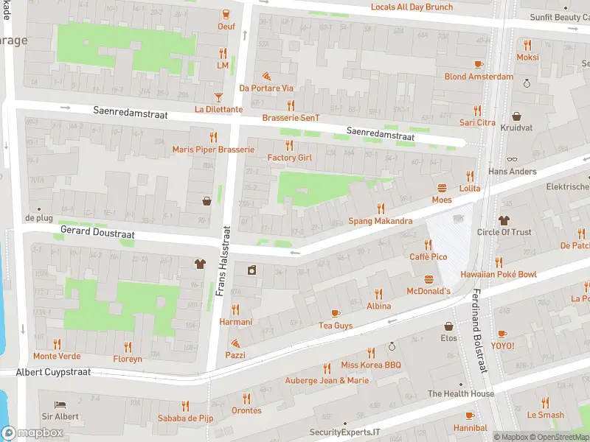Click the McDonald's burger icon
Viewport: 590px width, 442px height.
[x=429, y=279]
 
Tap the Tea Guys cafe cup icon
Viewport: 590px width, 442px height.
[x=336, y=313]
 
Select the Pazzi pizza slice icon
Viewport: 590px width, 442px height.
[x=235, y=343]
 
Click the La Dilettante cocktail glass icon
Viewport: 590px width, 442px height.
[x=218, y=97]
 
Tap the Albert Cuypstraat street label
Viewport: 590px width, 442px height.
[x=54, y=372]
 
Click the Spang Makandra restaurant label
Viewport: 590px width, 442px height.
[x=380, y=221]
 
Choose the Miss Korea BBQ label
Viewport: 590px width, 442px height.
[x=370, y=365]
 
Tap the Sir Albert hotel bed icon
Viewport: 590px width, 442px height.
[x=61, y=404]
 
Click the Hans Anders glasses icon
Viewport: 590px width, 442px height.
[x=512, y=158]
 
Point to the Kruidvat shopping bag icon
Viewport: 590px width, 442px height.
[x=516, y=116]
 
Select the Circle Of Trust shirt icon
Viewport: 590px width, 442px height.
[x=504, y=220]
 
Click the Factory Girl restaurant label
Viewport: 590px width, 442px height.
[x=289, y=158]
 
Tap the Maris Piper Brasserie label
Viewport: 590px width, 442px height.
[x=213, y=150]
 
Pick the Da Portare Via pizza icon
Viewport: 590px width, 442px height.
[x=266, y=76]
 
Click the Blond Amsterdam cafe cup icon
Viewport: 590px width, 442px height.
[x=479, y=64]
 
